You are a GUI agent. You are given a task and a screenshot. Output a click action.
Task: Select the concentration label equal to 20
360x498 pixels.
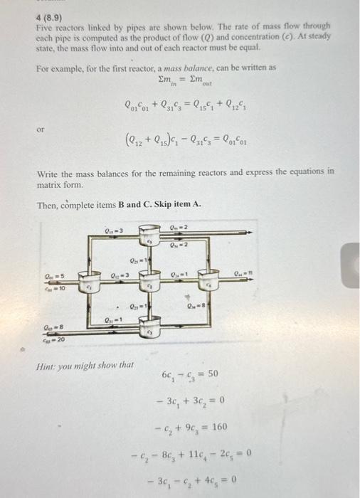(54, 341)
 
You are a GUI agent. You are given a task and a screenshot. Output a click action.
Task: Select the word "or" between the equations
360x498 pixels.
(41, 129)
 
